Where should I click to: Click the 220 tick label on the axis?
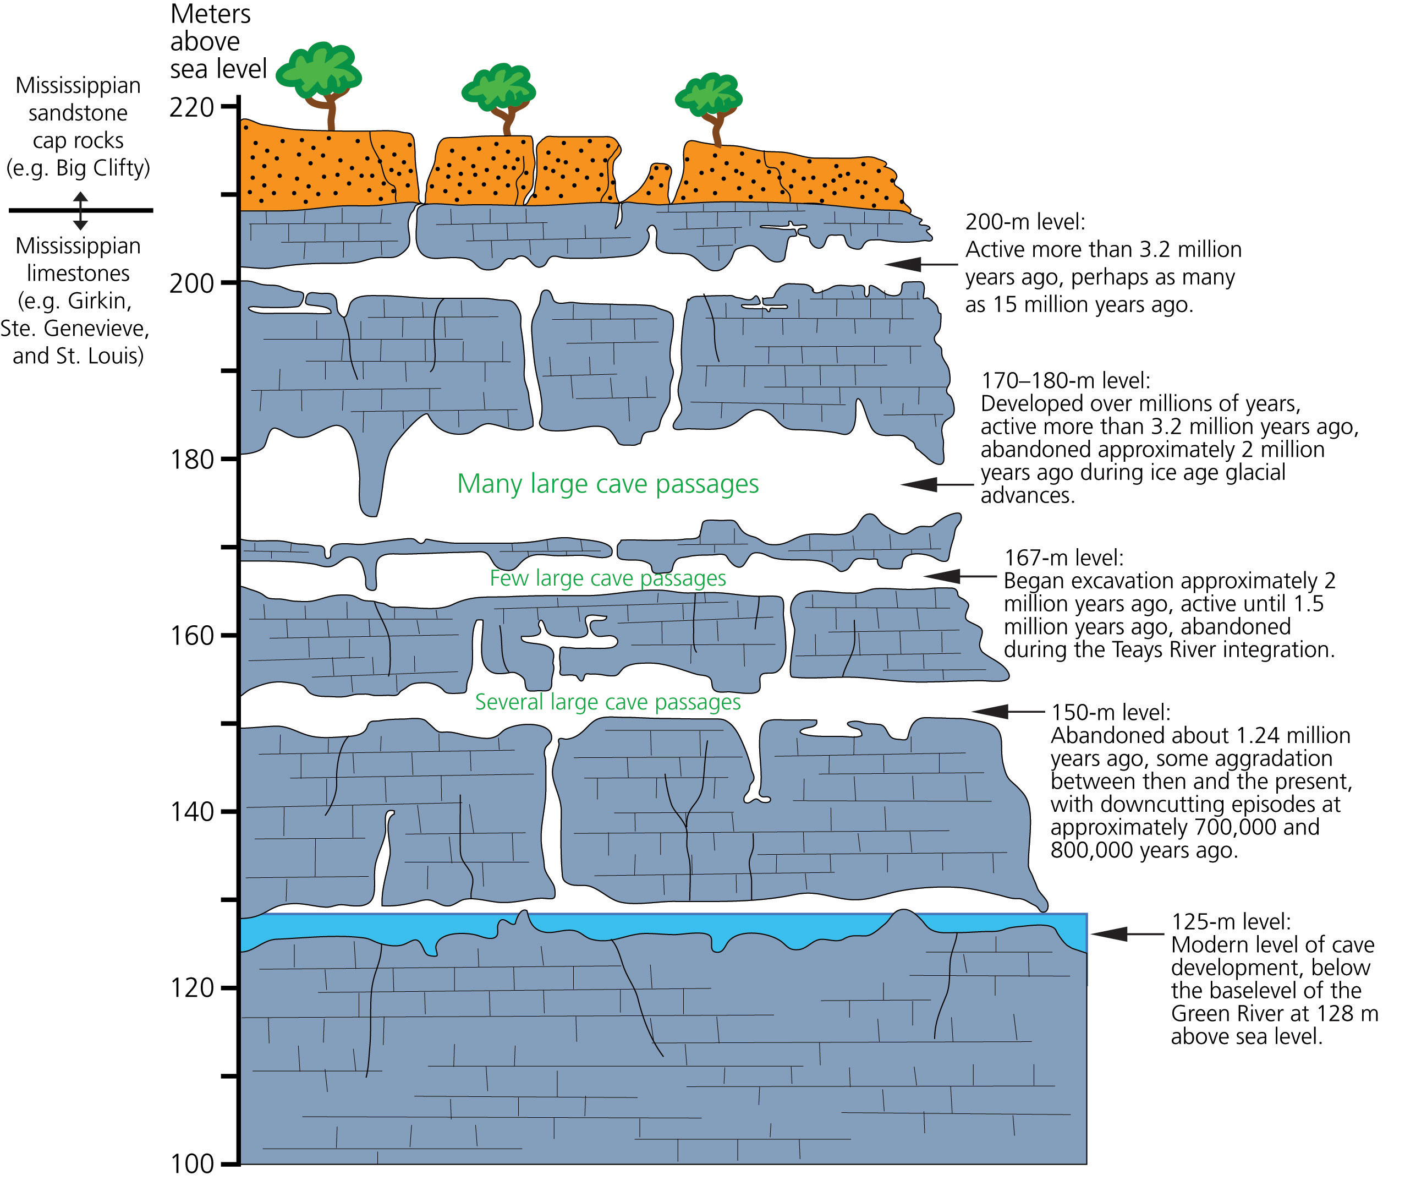click(x=191, y=107)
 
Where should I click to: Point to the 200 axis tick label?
click(x=191, y=284)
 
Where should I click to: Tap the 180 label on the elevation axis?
click(x=191, y=460)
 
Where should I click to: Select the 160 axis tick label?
click(x=191, y=636)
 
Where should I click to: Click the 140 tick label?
click(x=191, y=812)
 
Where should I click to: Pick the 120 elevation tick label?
click(x=191, y=988)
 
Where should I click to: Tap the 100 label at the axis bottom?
click(x=191, y=1164)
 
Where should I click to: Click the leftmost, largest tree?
click(x=319, y=86)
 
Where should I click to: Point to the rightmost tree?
click(x=709, y=109)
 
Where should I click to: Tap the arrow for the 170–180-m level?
click(x=937, y=484)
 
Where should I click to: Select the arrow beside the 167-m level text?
click(x=960, y=576)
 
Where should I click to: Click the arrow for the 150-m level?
click(x=1008, y=712)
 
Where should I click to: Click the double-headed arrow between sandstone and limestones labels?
click(x=80, y=211)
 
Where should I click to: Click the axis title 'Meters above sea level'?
click(x=218, y=41)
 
